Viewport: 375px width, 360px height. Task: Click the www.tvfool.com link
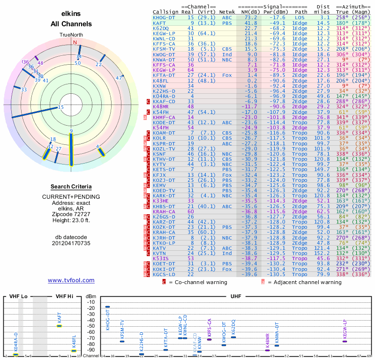point(71,280)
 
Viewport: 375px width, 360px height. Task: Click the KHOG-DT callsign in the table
point(164,17)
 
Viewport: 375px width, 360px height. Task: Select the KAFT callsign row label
point(159,22)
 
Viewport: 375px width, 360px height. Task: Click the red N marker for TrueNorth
point(74,42)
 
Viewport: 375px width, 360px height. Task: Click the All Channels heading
point(71,24)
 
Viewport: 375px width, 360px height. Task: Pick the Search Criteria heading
point(71,187)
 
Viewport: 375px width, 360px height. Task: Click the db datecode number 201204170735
point(71,244)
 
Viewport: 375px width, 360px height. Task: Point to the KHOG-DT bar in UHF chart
point(107,307)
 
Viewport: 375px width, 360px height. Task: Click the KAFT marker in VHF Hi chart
point(60,325)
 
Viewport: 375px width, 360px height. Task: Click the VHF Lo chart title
point(18,296)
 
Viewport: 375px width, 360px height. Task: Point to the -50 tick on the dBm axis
point(90,326)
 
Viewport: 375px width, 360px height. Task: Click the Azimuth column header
point(351,7)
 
